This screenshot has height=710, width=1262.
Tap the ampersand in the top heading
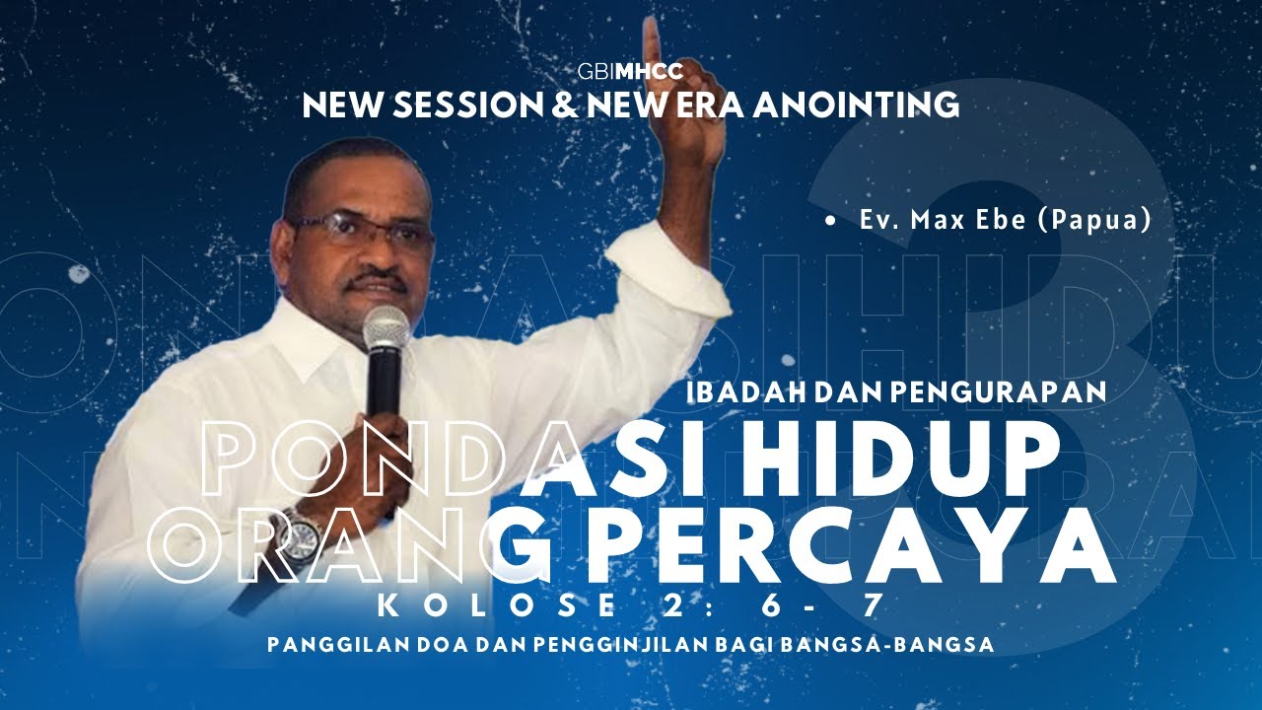566,104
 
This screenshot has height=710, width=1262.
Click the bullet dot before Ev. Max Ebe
833,222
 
